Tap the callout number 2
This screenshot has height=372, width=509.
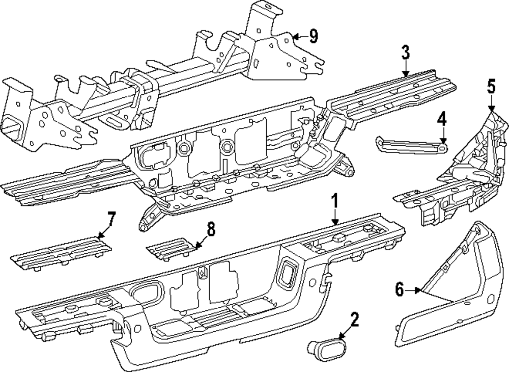354,320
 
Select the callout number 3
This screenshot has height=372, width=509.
405,52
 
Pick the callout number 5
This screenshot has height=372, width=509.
491,86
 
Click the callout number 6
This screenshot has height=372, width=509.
400,290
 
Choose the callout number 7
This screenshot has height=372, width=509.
111,220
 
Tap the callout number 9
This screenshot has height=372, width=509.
313,36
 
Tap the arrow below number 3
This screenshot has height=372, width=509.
405,69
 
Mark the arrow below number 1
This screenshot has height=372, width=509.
334,218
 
